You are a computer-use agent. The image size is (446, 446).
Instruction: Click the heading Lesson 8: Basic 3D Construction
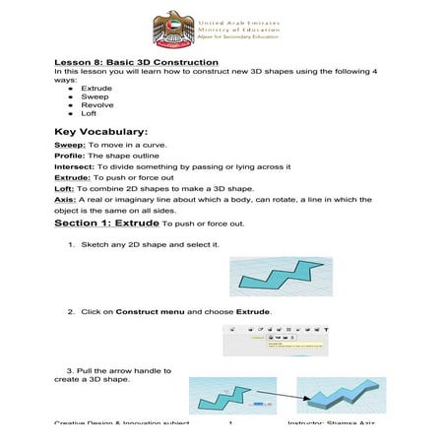(136, 64)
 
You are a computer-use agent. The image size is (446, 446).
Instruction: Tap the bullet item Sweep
(95, 96)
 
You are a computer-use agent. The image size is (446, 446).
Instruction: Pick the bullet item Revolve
(96, 104)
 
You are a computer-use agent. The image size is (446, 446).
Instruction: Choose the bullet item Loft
(89, 114)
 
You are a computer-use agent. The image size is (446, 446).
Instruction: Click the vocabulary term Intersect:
(75, 166)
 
